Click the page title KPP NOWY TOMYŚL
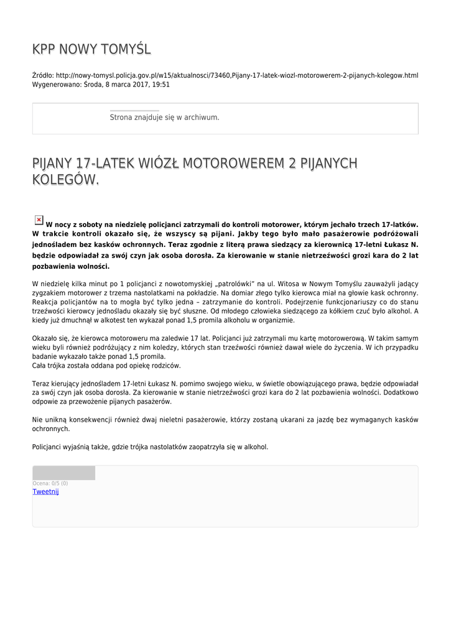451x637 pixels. coord(91,49)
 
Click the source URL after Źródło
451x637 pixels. coord(236,75)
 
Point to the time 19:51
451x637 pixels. coord(161,84)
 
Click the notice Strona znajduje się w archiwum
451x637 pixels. coord(164,117)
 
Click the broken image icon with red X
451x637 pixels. coord(38,220)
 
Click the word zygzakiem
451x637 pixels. coord(50,292)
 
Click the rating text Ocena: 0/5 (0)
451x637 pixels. coord(50,483)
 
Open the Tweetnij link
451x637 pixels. coord(45,491)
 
